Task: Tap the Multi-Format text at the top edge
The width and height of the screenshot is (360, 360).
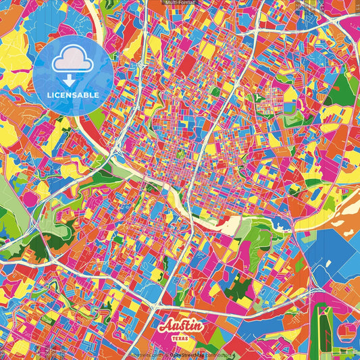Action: pos(180,3)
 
